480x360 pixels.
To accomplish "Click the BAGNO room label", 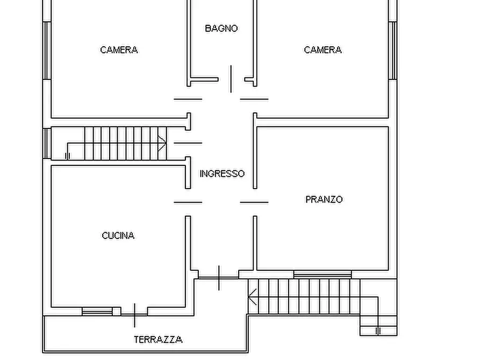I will point(221,28).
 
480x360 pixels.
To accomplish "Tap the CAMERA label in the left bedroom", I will point(119,50).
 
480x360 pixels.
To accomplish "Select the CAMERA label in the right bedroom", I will point(323,50).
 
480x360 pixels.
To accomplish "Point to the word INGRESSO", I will point(221,174).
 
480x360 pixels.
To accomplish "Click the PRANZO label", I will point(324,199).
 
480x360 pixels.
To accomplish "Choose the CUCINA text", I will point(118,235).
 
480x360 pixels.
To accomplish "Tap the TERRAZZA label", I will point(157,340).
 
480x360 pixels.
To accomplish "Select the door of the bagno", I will point(231,79).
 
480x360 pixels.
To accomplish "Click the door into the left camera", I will point(188,99).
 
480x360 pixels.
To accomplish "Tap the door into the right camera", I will point(254,99).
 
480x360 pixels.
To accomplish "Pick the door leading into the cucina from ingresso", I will point(188,203).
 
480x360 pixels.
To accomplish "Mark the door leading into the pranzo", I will point(254,203).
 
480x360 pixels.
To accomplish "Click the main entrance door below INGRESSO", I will point(219,277).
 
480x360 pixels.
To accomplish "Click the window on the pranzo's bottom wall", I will point(322,274).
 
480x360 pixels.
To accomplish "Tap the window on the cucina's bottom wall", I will point(97,311).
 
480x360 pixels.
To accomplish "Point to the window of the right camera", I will point(392,51).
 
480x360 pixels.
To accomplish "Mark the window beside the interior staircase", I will point(47,143).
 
